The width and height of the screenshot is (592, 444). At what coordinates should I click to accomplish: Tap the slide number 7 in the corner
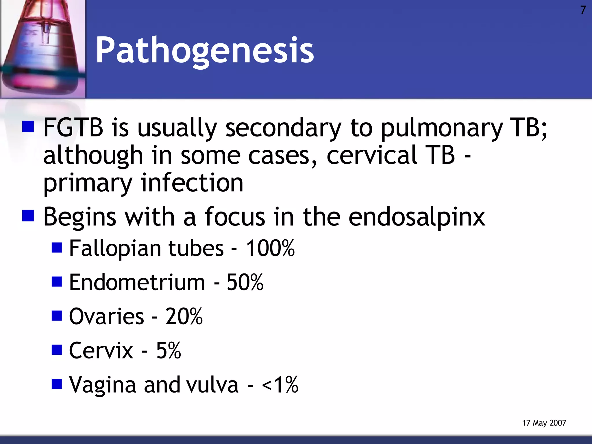[583, 10]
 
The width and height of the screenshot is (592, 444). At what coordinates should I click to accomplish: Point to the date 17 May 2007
[544, 423]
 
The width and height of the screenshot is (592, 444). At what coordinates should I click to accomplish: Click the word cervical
[372, 155]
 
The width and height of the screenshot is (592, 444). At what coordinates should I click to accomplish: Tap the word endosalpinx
[417, 217]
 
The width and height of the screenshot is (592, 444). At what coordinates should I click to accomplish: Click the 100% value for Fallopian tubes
[270, 248]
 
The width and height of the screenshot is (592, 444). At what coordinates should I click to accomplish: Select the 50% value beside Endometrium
[245, 282]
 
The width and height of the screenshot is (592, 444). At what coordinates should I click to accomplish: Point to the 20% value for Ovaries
[184, 316]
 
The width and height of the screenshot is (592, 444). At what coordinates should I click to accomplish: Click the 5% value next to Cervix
[169, 350]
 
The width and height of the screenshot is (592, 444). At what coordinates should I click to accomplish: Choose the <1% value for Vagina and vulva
[280, 384]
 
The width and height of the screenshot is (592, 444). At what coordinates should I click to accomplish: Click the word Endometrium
[137, 282]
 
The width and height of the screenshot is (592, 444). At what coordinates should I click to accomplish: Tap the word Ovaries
[106, 316]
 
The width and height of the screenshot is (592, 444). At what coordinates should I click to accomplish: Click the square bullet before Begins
[28, 216]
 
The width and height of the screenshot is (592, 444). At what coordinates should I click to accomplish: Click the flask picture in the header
[43, 49]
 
